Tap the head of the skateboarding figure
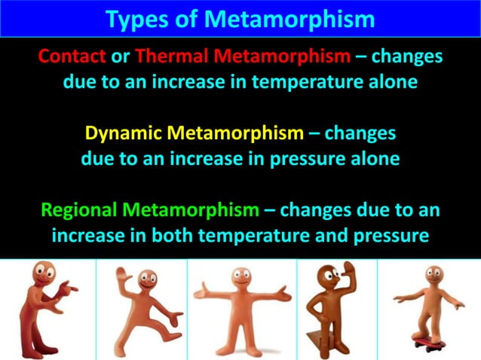(x=434, y=276)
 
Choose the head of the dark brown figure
(x=332, y=274)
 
